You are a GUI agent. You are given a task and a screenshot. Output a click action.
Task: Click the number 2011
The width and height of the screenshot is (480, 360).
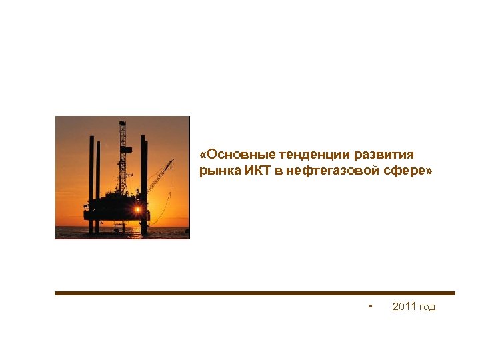pos(404,307)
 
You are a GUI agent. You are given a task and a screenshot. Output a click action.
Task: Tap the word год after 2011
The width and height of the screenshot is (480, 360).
pos(427,307)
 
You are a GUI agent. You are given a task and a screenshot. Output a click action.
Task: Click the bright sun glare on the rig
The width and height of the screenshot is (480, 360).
pos(137,210)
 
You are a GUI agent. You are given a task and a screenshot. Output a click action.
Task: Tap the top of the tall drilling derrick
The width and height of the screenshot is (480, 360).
pos(122,124)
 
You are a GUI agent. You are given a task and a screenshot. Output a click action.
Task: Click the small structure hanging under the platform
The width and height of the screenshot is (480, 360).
pos(119,227)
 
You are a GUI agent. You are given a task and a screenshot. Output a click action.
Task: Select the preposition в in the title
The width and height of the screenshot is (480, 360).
pos(277,171)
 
